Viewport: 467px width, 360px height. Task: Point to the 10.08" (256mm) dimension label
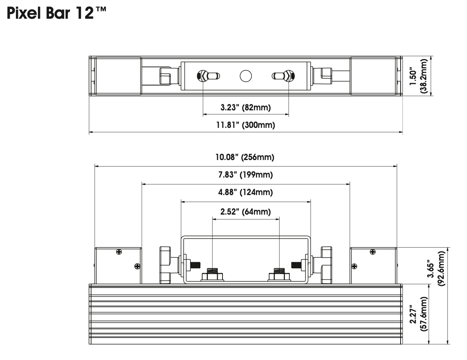[x=246, y=157]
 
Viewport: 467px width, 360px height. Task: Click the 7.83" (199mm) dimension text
[x=246, y=175]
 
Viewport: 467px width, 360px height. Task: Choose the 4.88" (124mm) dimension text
[x=246, y=192]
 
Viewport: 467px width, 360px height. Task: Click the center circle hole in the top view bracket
[x=246, y=76]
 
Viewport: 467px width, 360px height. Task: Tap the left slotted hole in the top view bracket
[x=208, y=76]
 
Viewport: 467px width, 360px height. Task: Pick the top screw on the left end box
[x=119, y=252]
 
